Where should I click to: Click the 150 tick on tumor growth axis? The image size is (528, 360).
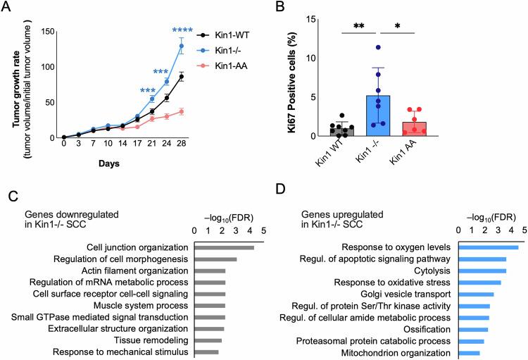48,31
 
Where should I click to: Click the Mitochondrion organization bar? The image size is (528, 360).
470,352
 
